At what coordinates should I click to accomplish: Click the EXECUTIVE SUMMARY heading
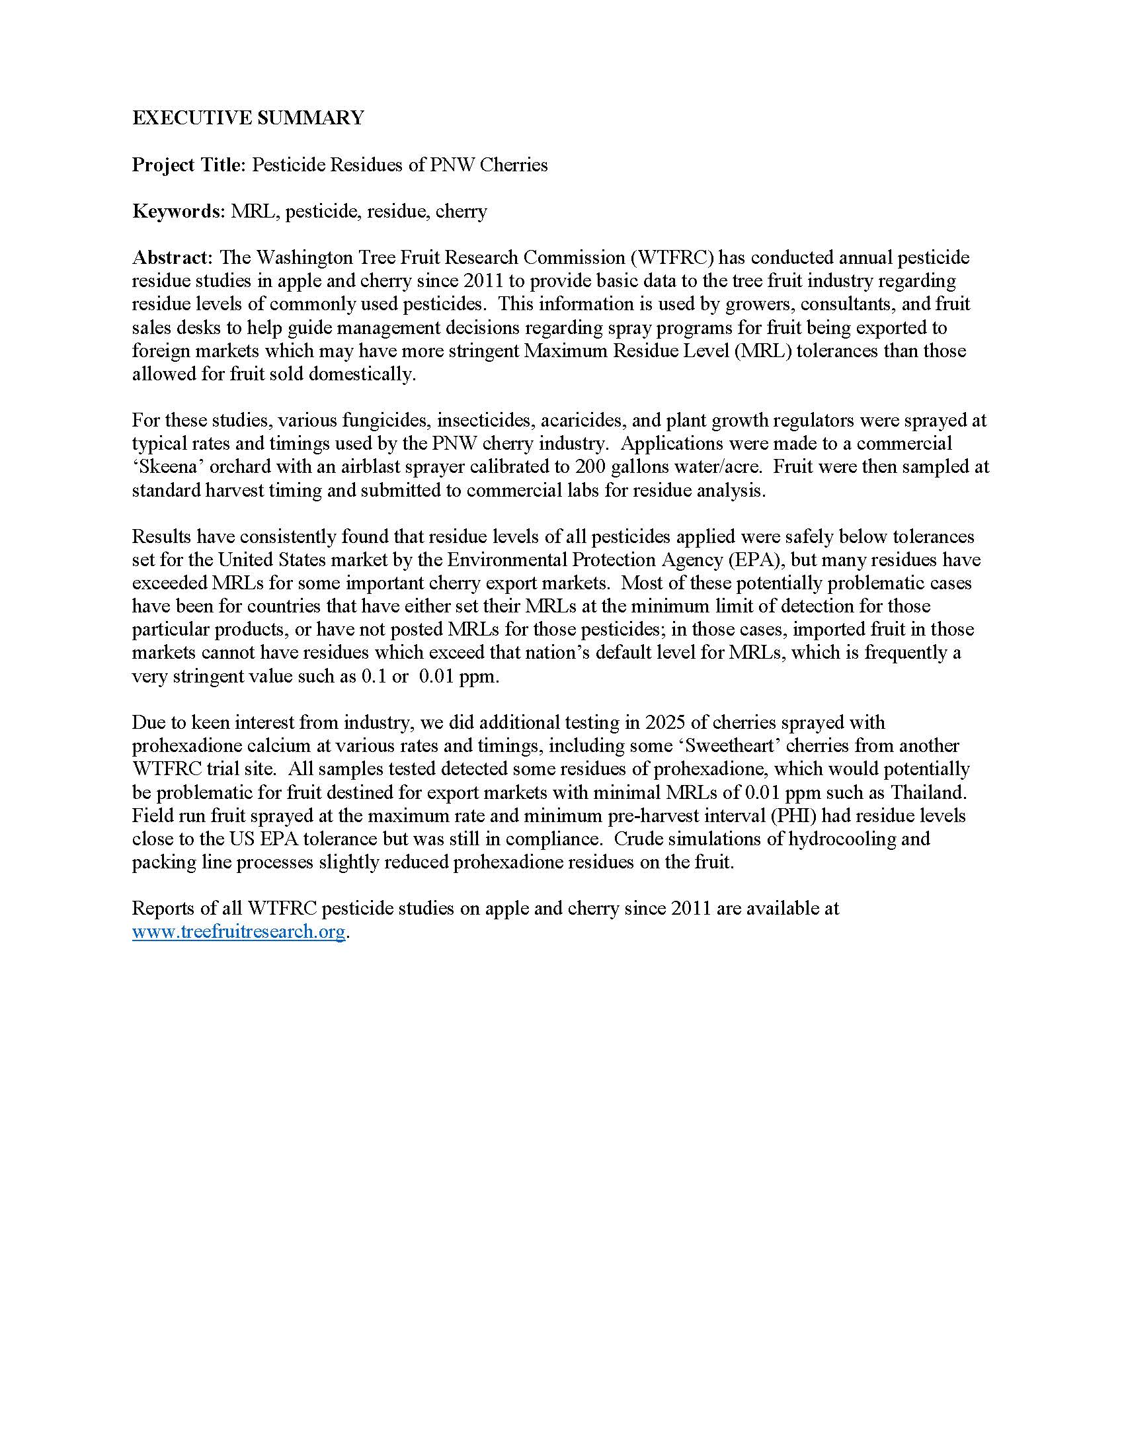pos(248,118)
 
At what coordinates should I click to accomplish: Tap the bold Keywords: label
pos(179,211)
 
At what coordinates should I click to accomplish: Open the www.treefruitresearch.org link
pos(239,931)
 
